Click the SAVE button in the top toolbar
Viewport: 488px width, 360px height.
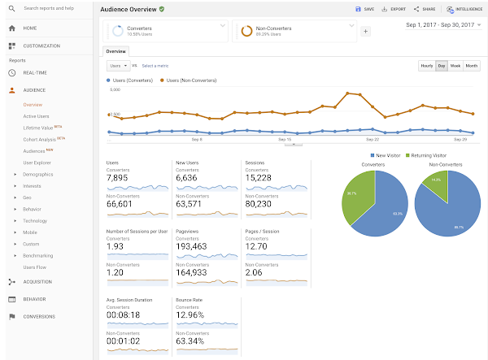[364, 9]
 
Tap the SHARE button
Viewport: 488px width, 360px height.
[425, 9]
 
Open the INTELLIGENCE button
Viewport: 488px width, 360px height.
[461, 9]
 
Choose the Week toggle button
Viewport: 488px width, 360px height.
[455, 65]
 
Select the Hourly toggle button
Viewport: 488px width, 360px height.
[426, 65]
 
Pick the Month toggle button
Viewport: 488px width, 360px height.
[471, 65]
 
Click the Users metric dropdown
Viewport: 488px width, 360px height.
[117, 65]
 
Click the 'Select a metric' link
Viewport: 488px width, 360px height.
[155, 65]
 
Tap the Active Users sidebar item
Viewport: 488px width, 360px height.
[37, 116]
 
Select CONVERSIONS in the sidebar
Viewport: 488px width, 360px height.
[39, 316]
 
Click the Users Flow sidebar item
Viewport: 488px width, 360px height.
[35, 267]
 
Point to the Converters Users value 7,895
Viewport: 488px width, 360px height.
[119, 178]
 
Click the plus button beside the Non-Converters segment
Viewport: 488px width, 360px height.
[365, 31]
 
